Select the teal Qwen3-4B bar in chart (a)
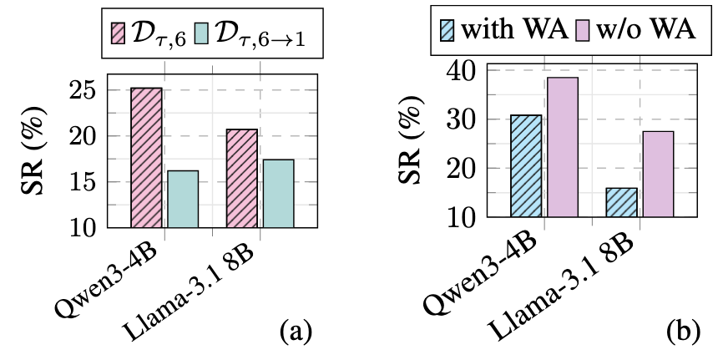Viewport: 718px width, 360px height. [x=182, y=199]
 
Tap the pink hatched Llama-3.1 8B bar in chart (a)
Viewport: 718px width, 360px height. [x=241, y=178]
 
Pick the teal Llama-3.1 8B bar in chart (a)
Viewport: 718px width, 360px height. [x=277, y=193]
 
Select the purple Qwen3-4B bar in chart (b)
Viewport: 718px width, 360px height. [x=561, y=147]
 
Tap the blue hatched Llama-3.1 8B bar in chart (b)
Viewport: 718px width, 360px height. [x=621, y=202]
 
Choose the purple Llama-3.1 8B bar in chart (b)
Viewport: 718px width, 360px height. [x=657, y=174]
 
